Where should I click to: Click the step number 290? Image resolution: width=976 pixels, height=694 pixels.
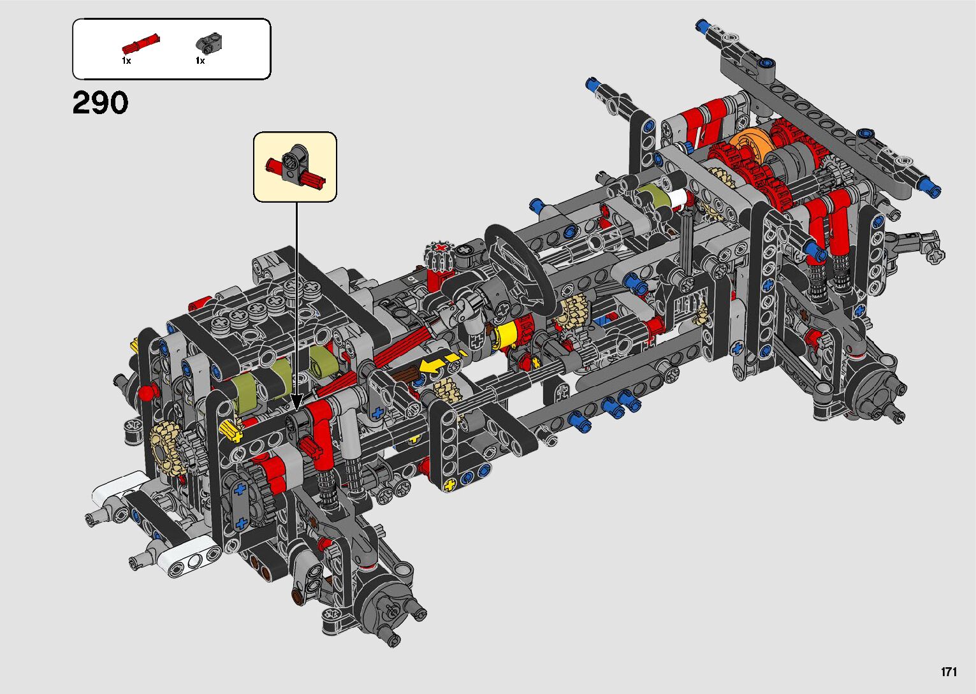100,103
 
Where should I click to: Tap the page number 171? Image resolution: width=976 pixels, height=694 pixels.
949,671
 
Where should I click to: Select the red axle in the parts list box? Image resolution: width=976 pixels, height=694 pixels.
141,43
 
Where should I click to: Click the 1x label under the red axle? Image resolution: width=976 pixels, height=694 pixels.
126,61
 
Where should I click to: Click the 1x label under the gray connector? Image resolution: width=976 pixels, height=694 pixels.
200,61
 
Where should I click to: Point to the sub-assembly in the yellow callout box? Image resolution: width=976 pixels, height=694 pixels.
295,167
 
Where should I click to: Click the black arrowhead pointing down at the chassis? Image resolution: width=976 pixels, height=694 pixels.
296,401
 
